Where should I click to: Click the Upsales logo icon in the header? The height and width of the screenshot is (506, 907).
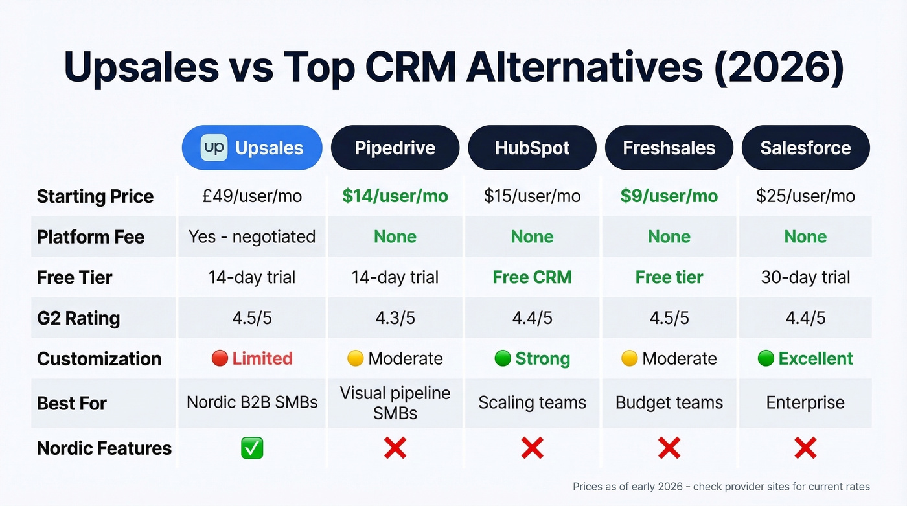click(x=214, y=148)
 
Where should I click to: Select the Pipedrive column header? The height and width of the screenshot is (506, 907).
click(x=395, y=148)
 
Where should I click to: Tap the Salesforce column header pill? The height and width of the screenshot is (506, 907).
click(x=805, y=148)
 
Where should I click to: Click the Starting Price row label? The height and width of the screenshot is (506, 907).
click(x=95, y=196)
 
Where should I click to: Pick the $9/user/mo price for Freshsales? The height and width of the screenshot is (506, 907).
click(x=669, y=196)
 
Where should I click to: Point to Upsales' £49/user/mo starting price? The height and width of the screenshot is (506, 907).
click(x=252, y=196)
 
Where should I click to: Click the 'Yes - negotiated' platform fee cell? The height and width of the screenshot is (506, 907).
click(x=252, y=236)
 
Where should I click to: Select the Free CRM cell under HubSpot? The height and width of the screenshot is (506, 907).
click(x=532, y=277)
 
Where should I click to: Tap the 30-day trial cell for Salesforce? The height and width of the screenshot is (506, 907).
click(x=805, y=277)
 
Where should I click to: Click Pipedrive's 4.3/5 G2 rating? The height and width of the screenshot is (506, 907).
click(x=395, y=318)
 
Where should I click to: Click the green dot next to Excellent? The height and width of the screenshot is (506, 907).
click(x=766, y=358)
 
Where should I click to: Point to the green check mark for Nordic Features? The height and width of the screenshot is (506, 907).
click(x=252, y=448)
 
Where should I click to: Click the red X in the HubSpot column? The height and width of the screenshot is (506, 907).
click(x=532, y=448)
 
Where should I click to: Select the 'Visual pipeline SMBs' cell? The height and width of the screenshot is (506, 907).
click(x=395, y=402)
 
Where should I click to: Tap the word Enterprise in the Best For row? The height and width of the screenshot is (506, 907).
click(x=805, y=402)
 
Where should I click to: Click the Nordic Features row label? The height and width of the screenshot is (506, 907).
click(x=104, y=448)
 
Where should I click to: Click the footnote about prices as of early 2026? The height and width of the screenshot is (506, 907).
click(x=721, y=486)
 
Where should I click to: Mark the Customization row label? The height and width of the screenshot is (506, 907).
click(x=99, y=358)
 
